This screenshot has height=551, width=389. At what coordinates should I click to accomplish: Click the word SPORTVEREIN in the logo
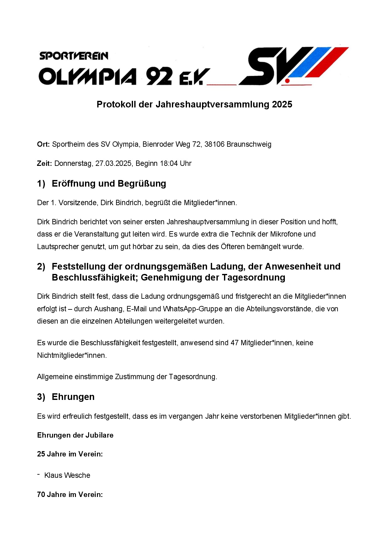(74, 56)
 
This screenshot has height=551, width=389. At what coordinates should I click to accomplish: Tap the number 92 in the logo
(159, 76)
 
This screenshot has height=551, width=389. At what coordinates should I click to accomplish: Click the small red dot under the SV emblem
(287, 81)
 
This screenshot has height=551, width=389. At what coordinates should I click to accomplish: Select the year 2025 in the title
(282, 104)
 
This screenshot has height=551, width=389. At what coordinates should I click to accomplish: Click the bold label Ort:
(43, 144)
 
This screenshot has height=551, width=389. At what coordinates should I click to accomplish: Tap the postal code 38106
(214, 144)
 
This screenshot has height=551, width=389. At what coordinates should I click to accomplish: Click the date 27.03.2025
(114, 163)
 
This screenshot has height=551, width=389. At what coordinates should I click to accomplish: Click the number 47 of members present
(234, 343)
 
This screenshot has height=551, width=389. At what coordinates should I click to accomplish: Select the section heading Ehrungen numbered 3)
(73, 397)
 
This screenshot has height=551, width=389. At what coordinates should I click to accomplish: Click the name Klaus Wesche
(67, 475)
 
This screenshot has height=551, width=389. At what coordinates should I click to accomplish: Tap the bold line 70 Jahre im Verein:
(70, 494)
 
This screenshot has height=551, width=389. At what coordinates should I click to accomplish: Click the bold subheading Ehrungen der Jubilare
(75, 435)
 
